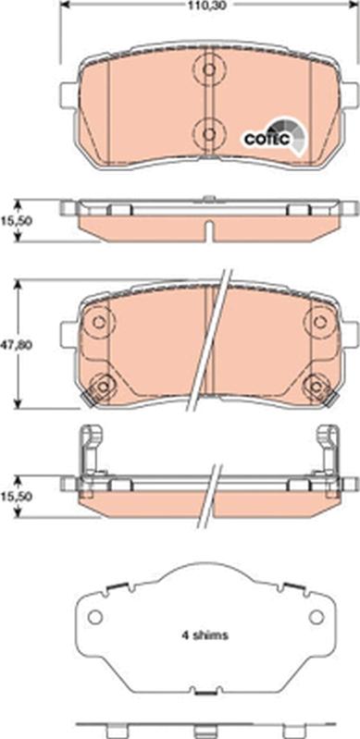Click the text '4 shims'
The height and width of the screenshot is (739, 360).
tap(205, 635)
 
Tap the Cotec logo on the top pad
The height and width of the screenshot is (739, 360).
tap(275, 135)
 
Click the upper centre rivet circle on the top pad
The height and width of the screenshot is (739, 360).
tap(209, 69)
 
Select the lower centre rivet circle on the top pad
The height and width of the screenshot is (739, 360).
tap(209, 134)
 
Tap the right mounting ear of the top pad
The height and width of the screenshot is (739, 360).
tap(349, 95)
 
